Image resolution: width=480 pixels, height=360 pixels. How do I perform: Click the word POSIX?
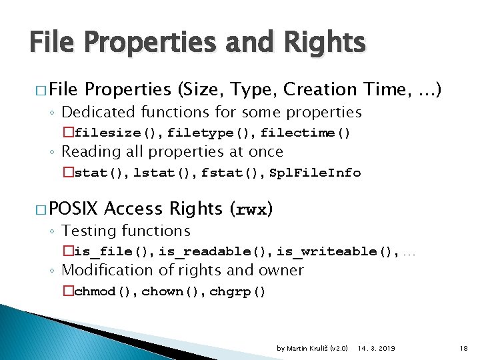tap(73, 209)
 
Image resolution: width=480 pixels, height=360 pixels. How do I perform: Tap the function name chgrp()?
tap(237, 291)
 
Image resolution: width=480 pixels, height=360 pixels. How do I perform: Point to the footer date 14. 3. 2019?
tap(376, 348)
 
